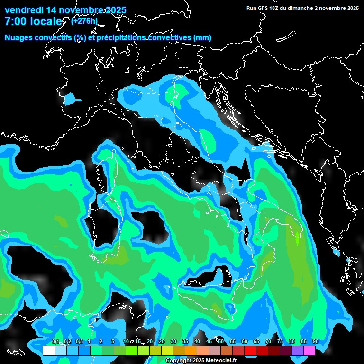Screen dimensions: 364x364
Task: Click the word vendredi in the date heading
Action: [24, 10]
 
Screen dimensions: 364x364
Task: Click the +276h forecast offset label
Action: [84, 21]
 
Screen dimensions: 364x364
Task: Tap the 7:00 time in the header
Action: [15, 21]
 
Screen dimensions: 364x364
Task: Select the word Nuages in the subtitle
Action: [18, 37]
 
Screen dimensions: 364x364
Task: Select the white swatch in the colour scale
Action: [48, 351]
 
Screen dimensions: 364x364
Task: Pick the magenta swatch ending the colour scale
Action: [309, 351]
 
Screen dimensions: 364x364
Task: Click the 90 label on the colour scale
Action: [315, 341]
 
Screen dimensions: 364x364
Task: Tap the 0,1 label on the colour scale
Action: [55, 341]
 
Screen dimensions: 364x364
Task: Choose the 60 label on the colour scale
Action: [244, 341]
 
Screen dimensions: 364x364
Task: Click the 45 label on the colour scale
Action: [209, 341]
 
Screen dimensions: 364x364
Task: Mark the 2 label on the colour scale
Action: [101, 341]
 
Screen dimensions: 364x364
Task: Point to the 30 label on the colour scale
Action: [173, 341]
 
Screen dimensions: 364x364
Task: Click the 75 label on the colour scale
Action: [280, 341]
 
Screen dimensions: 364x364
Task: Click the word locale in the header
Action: [46, 21]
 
